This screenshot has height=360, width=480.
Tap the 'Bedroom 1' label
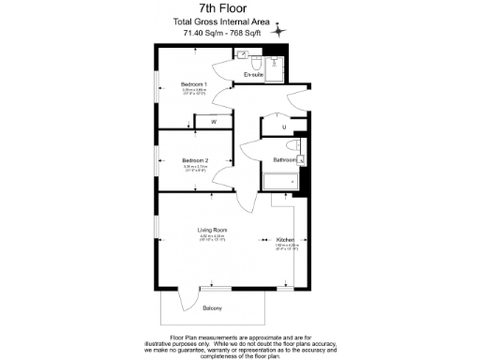click(194, 83)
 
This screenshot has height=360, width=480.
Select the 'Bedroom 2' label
click(194, 160)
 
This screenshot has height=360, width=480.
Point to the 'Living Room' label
click(212, 230)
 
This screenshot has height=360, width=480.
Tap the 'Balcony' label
click(213, 307)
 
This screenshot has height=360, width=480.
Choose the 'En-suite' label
click(253, 74)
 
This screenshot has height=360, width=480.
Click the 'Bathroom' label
click(285, 160)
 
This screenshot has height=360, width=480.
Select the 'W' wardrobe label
click(213, 122)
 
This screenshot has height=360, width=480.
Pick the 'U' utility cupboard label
click(282, 127)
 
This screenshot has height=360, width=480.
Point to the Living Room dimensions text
click(212, 237)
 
